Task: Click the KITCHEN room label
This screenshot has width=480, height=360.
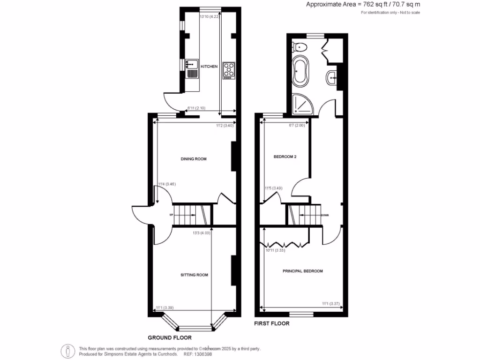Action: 209,67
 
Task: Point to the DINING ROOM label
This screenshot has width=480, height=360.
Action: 194,159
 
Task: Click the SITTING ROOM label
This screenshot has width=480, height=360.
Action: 195,275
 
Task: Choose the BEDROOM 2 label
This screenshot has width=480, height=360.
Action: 285,157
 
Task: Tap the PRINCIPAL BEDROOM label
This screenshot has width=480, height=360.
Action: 302,271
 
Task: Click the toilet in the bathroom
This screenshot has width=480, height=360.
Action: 300,47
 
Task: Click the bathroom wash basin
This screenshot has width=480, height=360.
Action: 332,77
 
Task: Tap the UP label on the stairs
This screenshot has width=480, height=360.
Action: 172,216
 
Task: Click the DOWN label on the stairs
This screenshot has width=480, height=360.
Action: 324,216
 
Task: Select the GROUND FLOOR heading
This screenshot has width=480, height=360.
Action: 170,337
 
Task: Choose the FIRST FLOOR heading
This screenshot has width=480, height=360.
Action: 271,323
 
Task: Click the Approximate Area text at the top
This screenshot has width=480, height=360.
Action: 363,4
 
